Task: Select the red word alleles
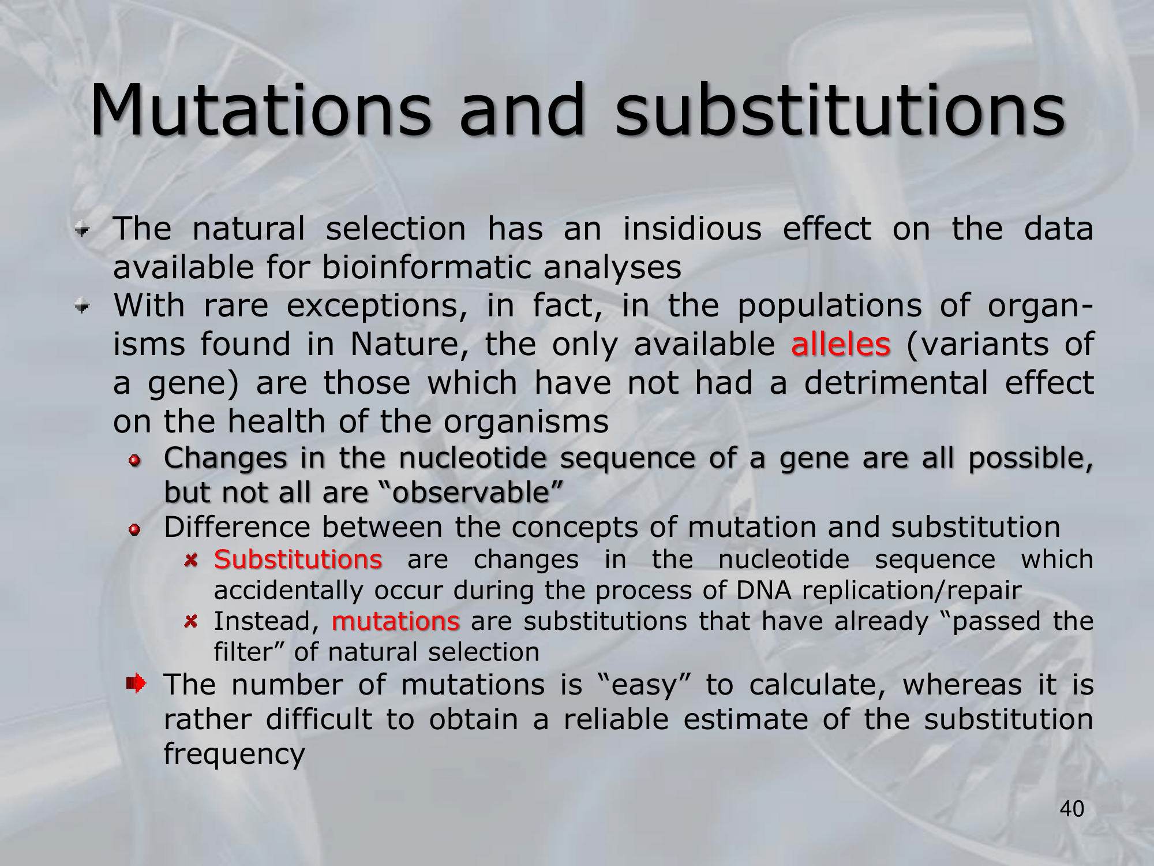tap(841, 344)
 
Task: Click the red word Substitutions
tap(298, 559)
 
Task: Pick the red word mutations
tap(396, 621)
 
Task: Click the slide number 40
tap(1072, 809)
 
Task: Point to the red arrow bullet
tap(136, 684)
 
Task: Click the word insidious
tap(692, 229)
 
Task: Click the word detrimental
tap(896, 382)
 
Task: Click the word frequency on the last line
tap(234, 755)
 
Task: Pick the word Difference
tap(238, 527)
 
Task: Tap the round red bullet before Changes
tap(135, 460)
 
